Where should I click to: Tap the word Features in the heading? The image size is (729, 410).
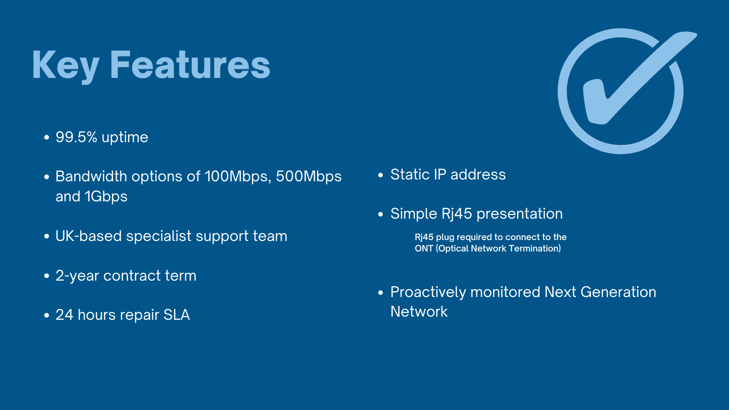pyautogui.click(x=190, y=64)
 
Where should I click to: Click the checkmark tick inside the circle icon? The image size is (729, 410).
pyautogui.click(x=640, y=78)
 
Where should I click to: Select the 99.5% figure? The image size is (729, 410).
pyautogui.click(x=76, y=137)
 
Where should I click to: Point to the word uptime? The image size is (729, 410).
pyautogui.click(x=125, y=138)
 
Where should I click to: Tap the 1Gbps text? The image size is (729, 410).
pyautogui.click(x=106, y=197)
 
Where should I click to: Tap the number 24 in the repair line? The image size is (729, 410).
pyautogui.click(x=64, y=315)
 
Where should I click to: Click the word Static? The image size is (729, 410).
pyautogui.click(x=410, y=174)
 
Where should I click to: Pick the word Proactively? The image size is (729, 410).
pyautogui.click(x=428, y=292)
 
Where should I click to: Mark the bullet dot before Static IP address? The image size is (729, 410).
pyautogui.click(x=380, y=175)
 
